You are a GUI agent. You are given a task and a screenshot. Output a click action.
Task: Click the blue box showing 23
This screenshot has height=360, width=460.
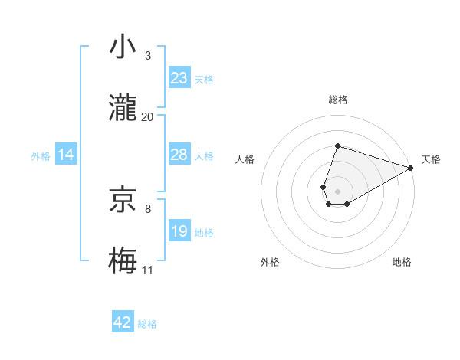click(x=179, y=78)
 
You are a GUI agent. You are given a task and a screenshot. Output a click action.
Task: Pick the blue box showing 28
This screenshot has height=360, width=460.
click(x=179, y=155)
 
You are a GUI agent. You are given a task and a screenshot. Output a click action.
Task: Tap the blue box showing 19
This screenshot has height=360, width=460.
click(x=179, y=231)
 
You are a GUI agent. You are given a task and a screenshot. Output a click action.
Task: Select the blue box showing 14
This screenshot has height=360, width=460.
click(x=66, y=155)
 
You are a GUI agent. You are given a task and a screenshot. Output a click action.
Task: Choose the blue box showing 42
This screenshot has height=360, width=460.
click(x=123, y=322)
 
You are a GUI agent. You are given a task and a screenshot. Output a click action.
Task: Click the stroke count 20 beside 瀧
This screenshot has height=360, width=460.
click(x=148, y=116)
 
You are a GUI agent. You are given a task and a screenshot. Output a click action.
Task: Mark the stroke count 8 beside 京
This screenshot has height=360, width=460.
click(x=148, y=208)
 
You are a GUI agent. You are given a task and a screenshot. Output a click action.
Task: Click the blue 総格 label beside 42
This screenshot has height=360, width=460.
click(x=147, y=324)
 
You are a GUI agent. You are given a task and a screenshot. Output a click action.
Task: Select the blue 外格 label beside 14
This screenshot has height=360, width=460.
click(x=41, y=155)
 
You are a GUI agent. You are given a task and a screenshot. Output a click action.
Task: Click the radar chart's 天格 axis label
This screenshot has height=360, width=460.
click(x=431, y=159)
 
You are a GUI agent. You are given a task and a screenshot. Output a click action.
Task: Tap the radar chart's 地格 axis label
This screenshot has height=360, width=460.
click(x=402, y=262)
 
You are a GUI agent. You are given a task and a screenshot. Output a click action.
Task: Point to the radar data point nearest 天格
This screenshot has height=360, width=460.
click(x=411, y=168)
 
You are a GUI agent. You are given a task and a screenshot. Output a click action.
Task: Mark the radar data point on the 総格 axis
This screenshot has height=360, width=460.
click(x=337, y=146)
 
